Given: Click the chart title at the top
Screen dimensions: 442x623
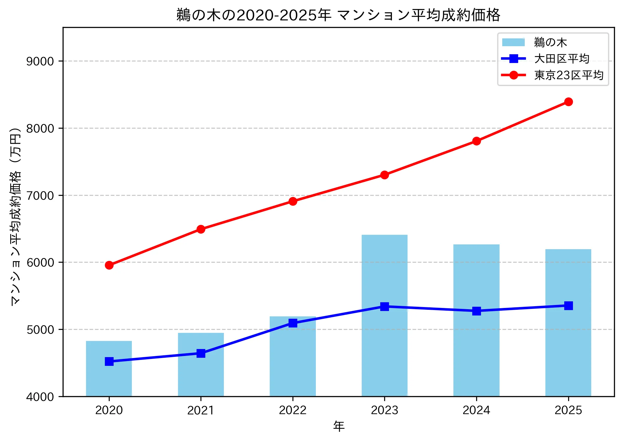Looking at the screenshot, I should (x=338, y=15).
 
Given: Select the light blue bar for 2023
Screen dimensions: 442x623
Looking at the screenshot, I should (x=384, y=345).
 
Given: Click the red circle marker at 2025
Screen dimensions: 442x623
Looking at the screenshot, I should (x=568, y=102).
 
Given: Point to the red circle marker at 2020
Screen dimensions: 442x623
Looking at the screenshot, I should (x=109, y=265).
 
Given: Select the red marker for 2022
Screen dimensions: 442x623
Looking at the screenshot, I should (x=293, y=201).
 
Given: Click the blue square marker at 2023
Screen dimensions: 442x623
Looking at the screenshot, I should (x=384, y=306).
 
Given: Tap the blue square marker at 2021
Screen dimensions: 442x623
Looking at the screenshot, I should (x=201, y=354).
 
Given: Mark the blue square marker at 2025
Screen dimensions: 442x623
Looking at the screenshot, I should (x=568, y=306).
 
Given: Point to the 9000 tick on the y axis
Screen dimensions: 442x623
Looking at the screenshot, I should (x=40, y=61).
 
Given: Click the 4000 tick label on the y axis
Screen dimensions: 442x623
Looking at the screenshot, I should (x=40, y=397).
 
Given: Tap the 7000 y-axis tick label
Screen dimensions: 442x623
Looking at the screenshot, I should (x=40, y=196).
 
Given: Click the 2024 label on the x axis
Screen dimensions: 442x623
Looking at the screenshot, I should (x=476, y=410).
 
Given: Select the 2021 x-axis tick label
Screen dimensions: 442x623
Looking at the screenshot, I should (x=201, y=410).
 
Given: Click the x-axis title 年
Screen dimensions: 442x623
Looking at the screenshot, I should (x=339, y=426).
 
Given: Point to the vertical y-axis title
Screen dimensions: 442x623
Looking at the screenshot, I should (x=16, y=216).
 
